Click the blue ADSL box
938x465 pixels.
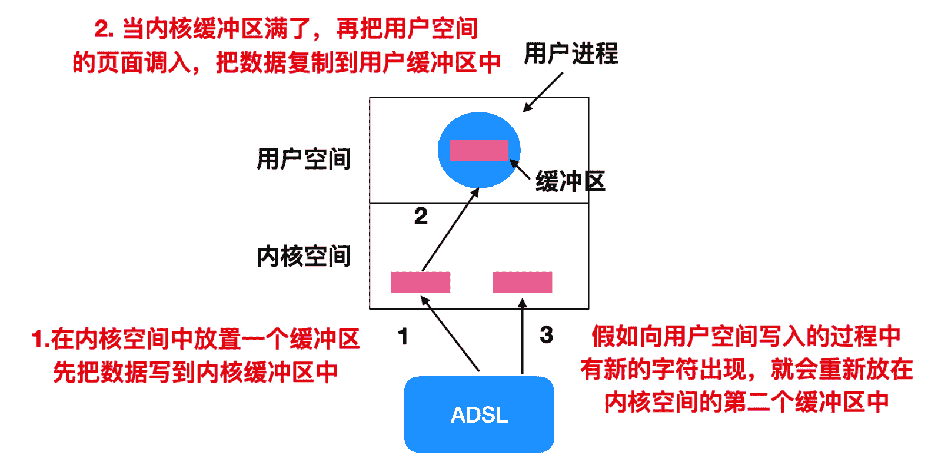(479, 414)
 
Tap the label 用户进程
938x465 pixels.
(571, 54)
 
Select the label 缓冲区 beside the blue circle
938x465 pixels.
(570, 181)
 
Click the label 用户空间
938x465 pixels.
(304, 159)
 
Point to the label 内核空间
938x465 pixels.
(304, 257)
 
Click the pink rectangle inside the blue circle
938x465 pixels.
(478, 150)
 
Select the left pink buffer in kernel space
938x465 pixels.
(421, 283)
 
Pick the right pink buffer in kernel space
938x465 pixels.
(522, 283)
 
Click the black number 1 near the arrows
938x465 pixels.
(403, 337)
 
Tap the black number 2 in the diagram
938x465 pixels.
(421, 216)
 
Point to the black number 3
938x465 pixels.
(546, 336)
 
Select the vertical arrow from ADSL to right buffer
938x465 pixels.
(522, 338)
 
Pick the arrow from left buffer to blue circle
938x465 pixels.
(450, 230)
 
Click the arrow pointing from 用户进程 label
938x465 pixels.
(543, 92)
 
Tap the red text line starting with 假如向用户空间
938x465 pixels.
(746, 337)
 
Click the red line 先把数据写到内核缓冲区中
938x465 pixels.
(195, 372)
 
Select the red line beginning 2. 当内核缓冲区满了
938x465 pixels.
(286, 28)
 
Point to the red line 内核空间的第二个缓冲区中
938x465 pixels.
(746, 403)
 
